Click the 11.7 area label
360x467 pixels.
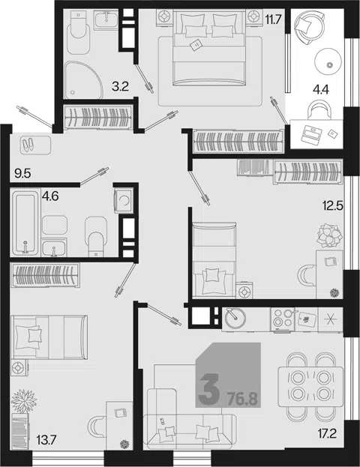click(273, 20)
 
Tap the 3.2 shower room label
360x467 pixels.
click(120, 87)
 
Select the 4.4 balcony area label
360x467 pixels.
click(321, 89)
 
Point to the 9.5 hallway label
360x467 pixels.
click(23, 173)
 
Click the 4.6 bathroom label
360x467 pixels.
click(50, 196)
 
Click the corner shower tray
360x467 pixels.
click(82, 79)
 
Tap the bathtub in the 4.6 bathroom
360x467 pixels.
click(25, 223)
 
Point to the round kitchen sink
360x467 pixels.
click(235, 318)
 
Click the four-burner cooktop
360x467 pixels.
click(283, 319)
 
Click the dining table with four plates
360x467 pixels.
click(310, 387)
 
